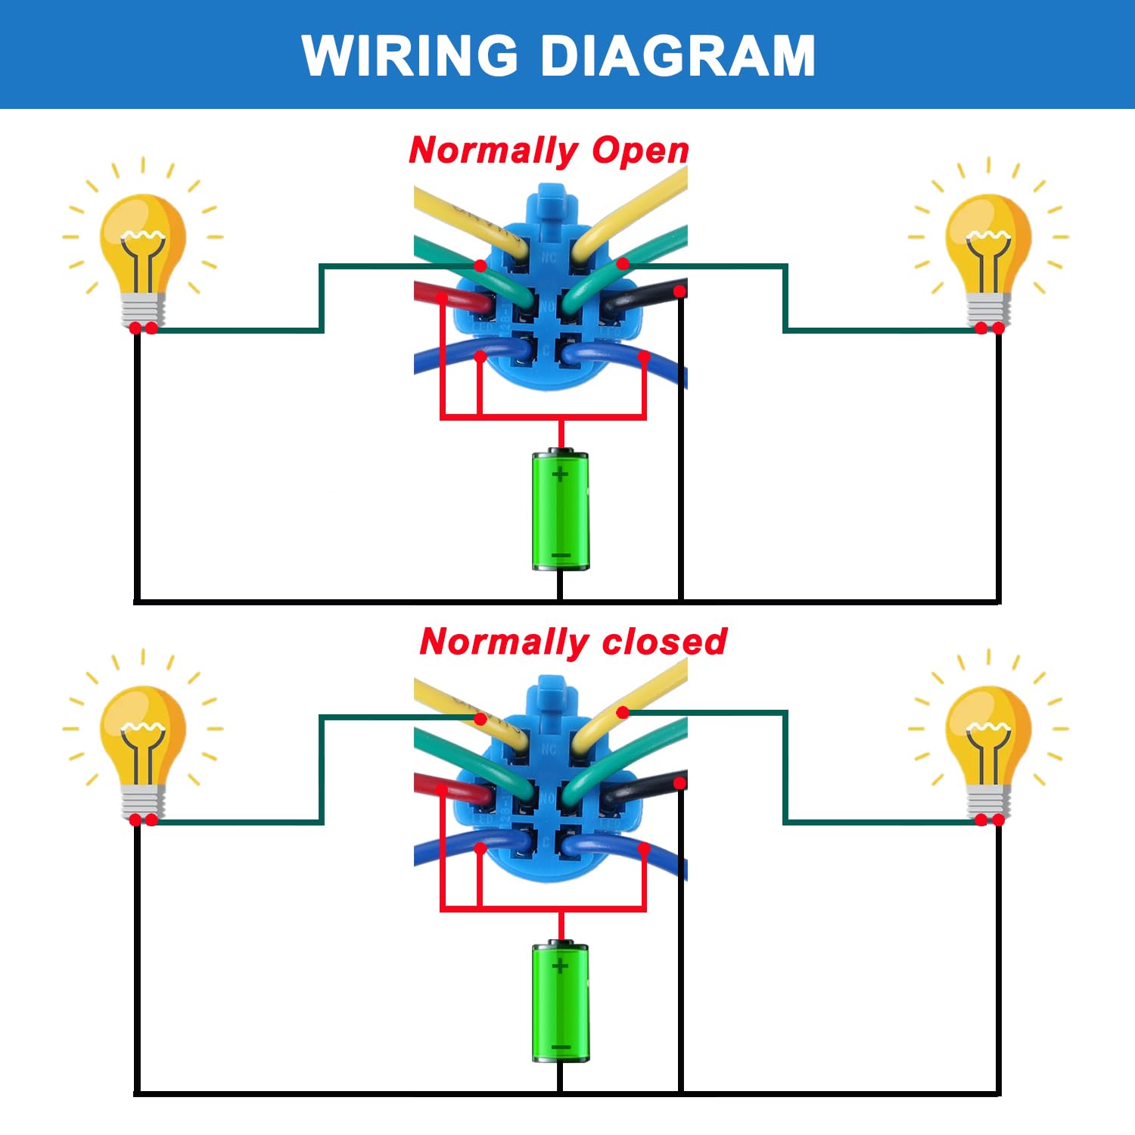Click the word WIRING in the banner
409,55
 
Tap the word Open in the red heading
640,151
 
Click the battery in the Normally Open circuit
560,510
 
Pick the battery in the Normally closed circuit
560,1001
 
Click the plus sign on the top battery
560,475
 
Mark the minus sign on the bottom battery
561,1048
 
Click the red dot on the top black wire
679,291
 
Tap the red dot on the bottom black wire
679,783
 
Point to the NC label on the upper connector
549,258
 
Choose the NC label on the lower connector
549,749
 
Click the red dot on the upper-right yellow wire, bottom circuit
623,713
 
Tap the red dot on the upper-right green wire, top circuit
623,264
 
